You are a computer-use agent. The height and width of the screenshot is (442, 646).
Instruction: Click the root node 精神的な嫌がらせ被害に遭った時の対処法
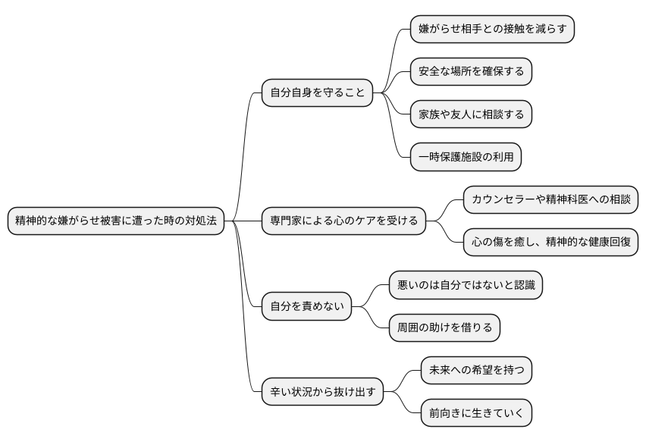pyautogui.click(x=116, y=221)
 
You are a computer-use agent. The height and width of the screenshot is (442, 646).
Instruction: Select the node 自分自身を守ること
pyautogui.click(x=318, y=94)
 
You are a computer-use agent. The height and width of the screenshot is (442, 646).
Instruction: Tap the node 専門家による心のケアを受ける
pyautogui.click(x=343, y=221)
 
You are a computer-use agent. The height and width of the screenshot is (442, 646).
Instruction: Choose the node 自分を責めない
pyautogui.click(x=307, y=307)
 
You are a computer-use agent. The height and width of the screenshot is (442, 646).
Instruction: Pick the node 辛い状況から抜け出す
pyautogui.click(x=322, y=393)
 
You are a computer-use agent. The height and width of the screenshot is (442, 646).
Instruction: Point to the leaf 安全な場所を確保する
pyautogui.click(x=471, y=72)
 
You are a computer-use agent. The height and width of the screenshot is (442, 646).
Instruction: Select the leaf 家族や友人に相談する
pyautogui.click(x=471, y=114)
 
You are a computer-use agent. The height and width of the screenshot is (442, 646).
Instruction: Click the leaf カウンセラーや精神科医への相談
pyautogui.click(x=550, y=200)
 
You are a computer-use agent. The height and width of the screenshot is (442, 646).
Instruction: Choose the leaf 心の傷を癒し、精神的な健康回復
pyautogui.click(x=550, y=243)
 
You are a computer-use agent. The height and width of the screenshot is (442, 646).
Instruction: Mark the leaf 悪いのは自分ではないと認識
pyautogui.click(x=466, y=286)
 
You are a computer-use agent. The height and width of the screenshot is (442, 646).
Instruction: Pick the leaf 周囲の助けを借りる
pyautogui.click(x=444, y=328)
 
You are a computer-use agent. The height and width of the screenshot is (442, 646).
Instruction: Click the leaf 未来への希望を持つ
pyautogui.click(x=476, y=371)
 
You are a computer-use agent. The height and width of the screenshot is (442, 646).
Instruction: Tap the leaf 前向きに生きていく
pyautogui.click(x=476, y=414)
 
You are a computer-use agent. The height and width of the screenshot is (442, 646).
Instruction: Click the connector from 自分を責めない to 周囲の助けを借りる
pyautogui.click(x=372, y=319)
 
